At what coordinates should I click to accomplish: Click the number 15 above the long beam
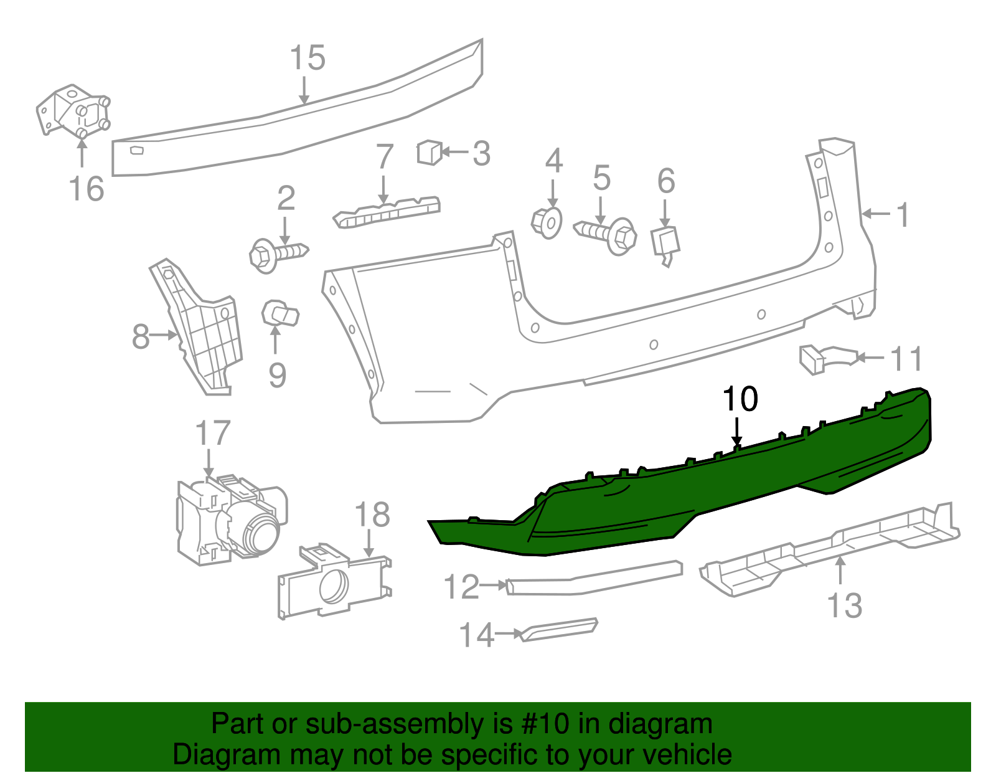point(308,58)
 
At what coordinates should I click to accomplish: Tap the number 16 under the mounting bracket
point(86,189)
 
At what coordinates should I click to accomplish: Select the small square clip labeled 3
point(429,152)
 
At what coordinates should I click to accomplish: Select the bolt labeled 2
point(276,254)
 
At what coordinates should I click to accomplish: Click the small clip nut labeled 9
point(280,313)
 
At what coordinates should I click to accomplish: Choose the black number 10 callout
point(740,399)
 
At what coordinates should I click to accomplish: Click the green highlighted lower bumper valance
point(685,492)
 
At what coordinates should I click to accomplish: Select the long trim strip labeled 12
point(594,579)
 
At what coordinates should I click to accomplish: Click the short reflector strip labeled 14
point(559,629)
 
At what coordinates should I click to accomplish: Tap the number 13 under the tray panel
point(844,605)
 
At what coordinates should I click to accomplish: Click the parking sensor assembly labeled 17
point(230,521)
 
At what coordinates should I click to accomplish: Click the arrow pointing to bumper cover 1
point(876,214)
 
